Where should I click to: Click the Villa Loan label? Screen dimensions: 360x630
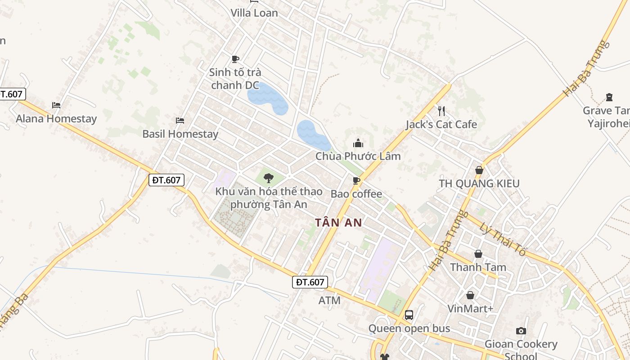(254, 13)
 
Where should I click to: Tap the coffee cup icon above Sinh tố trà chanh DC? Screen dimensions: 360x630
(235, 59)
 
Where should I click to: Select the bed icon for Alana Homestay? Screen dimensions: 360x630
(56, 105)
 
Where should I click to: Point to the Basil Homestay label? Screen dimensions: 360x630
(180, 134)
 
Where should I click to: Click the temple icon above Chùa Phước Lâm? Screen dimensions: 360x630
(358, 143)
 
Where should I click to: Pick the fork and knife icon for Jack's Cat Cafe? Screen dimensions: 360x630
(441, 111)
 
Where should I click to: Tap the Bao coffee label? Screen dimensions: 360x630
(356, 194)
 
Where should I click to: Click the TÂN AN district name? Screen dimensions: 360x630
(338, 222)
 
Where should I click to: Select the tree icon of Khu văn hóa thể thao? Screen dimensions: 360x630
(269, 178)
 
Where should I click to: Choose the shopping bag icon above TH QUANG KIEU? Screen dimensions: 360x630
(479, 170)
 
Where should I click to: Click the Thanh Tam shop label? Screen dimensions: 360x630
(478, 267)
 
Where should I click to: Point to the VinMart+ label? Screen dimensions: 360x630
(470, 309)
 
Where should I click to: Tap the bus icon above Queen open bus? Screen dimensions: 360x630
(409, 315)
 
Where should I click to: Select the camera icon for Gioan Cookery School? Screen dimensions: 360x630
(521, 331)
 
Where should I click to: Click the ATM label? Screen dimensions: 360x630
(329, 300)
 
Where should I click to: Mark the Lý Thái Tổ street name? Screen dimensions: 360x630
(502, 239)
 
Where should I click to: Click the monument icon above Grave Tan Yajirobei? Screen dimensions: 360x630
(609, 97)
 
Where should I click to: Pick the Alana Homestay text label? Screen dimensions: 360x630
(56, 119)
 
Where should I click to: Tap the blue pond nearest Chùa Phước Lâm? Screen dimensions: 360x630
(313, 135)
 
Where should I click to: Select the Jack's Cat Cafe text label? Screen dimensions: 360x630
(441, 124)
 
